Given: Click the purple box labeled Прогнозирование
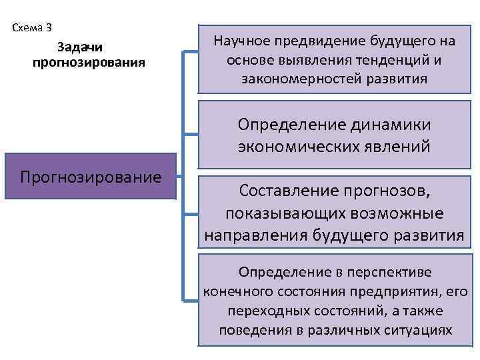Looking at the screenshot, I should click(x=91, y=177).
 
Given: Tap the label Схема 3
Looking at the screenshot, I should click(x=32, y=28).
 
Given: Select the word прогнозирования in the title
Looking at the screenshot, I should click(x=89, y=63).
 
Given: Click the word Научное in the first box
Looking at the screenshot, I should click(x=239, y=41).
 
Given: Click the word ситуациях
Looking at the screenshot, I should click(x=419, y=331).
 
